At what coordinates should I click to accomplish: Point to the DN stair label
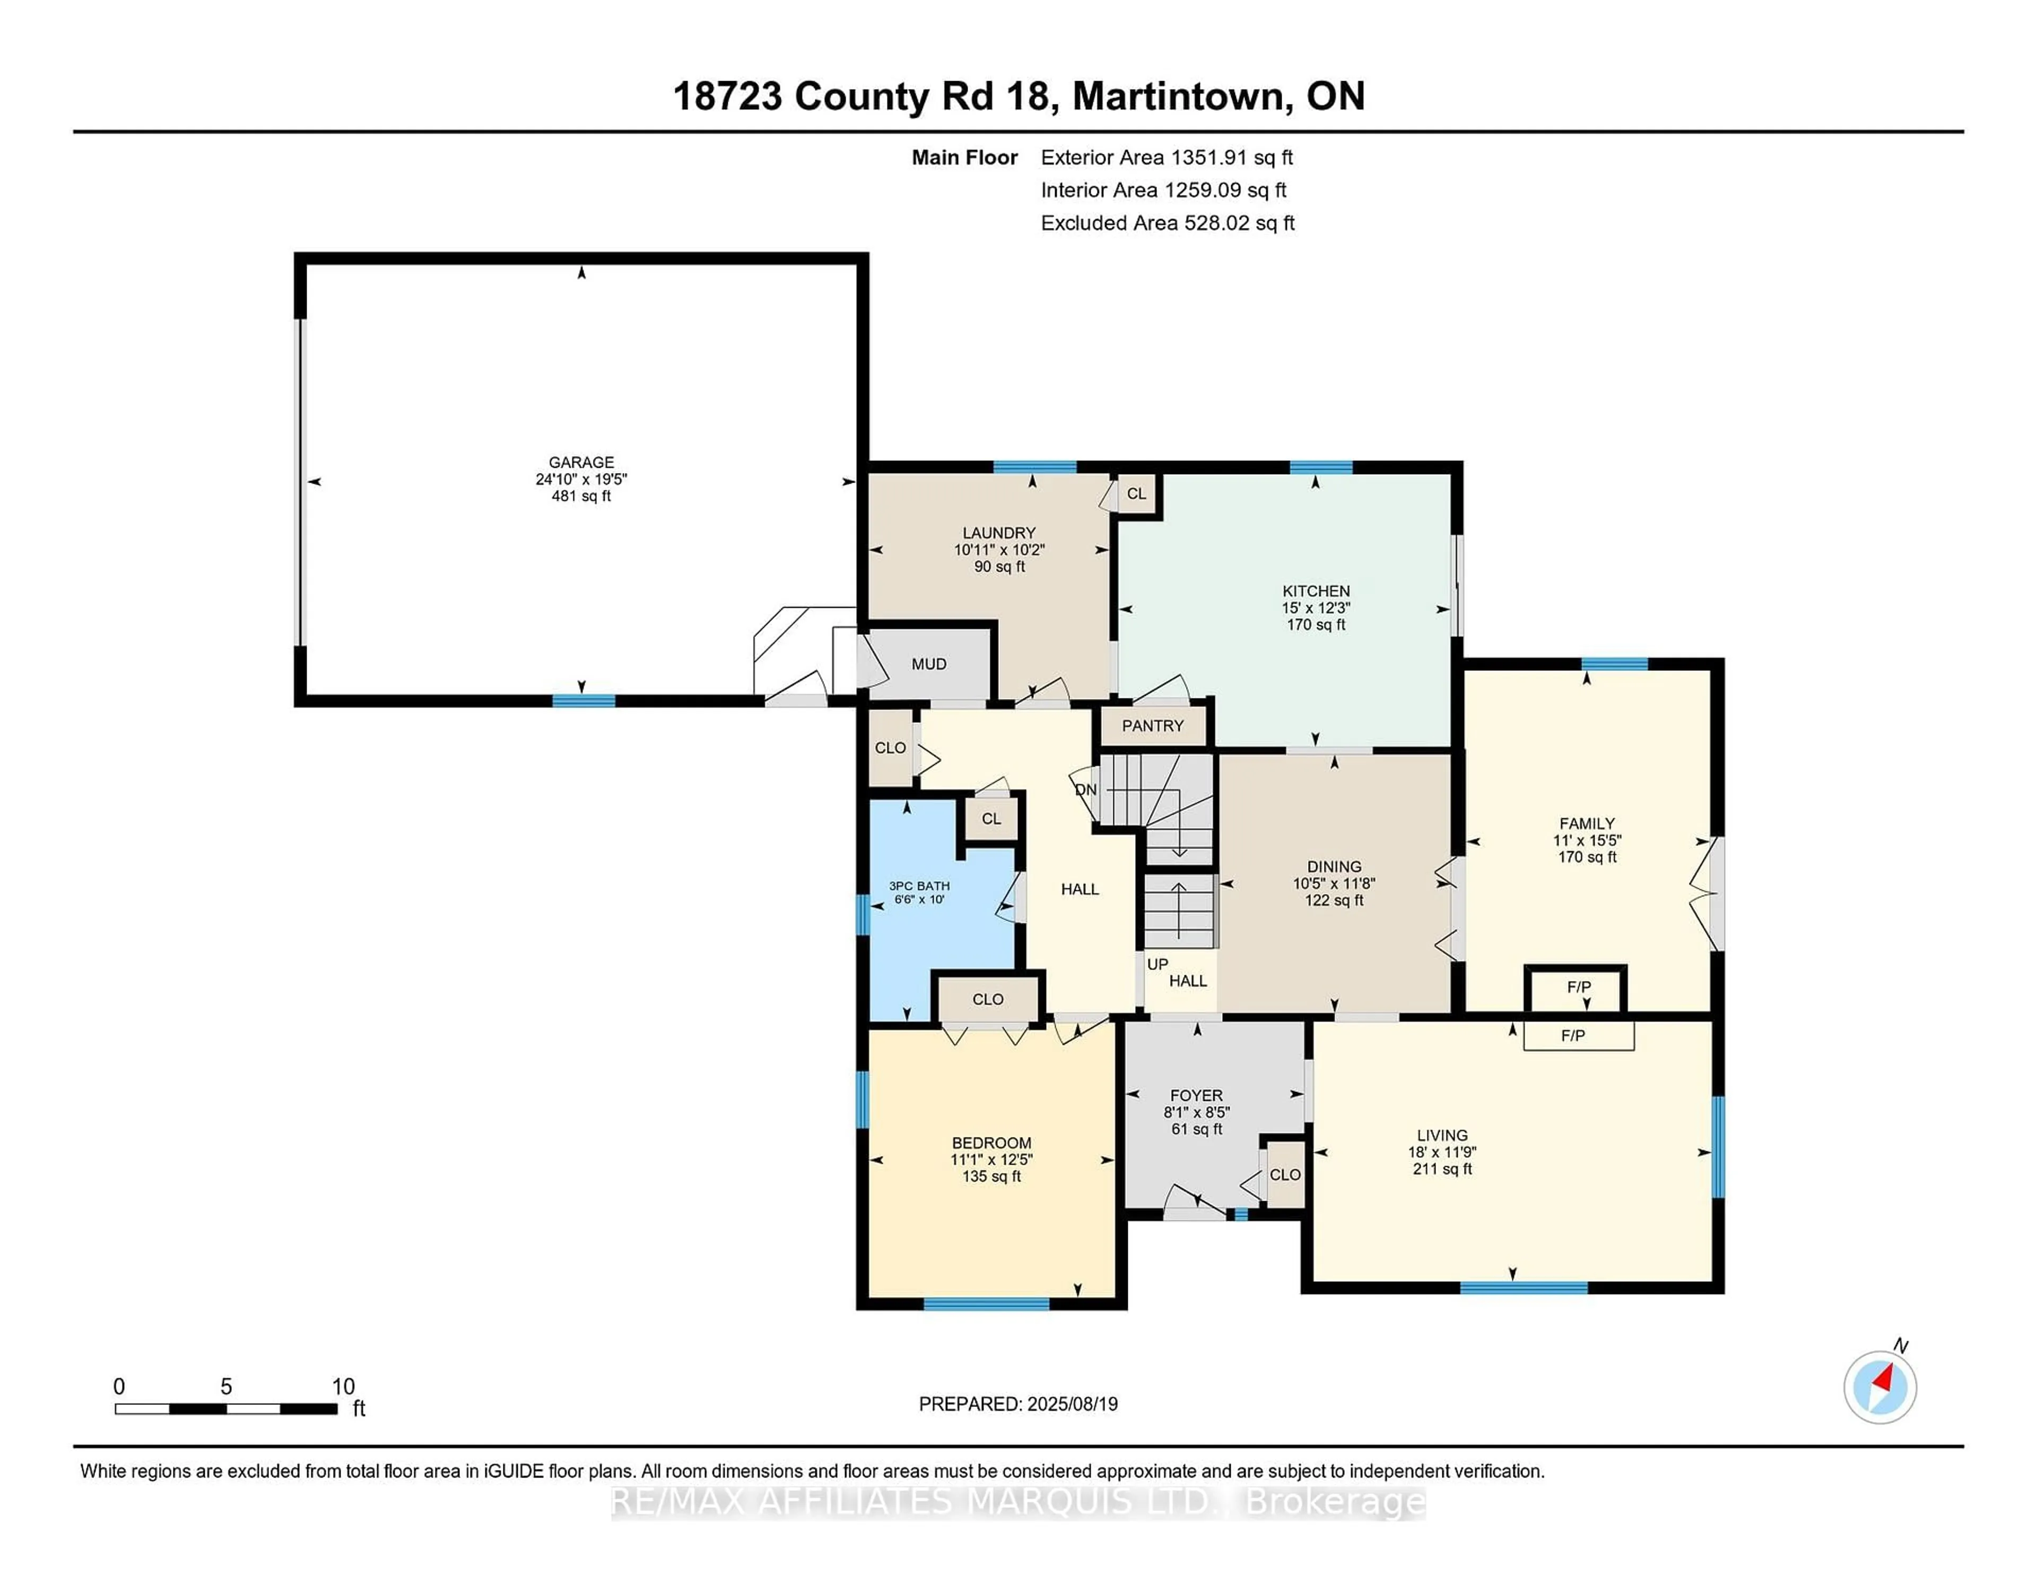coord(1086,790)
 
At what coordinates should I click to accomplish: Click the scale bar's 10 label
coord(343,1387)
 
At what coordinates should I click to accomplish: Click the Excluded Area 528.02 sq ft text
coord(1167,223)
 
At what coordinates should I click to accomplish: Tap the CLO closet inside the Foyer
coord(1284,1175)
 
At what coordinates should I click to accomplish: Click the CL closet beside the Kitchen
coord(1136,493)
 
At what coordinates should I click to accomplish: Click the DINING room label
coord(1334,866)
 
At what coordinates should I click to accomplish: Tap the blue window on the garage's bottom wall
coord(583,700)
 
